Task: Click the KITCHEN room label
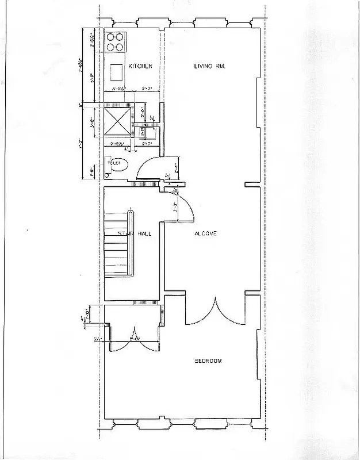point(140,67)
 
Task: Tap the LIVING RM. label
point(209,67)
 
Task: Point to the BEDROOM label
point(208,361)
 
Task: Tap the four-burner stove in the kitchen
point(116,44)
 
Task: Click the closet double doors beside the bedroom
point(133,340)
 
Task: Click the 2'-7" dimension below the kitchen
point(147,89)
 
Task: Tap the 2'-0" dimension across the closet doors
point(134,340)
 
